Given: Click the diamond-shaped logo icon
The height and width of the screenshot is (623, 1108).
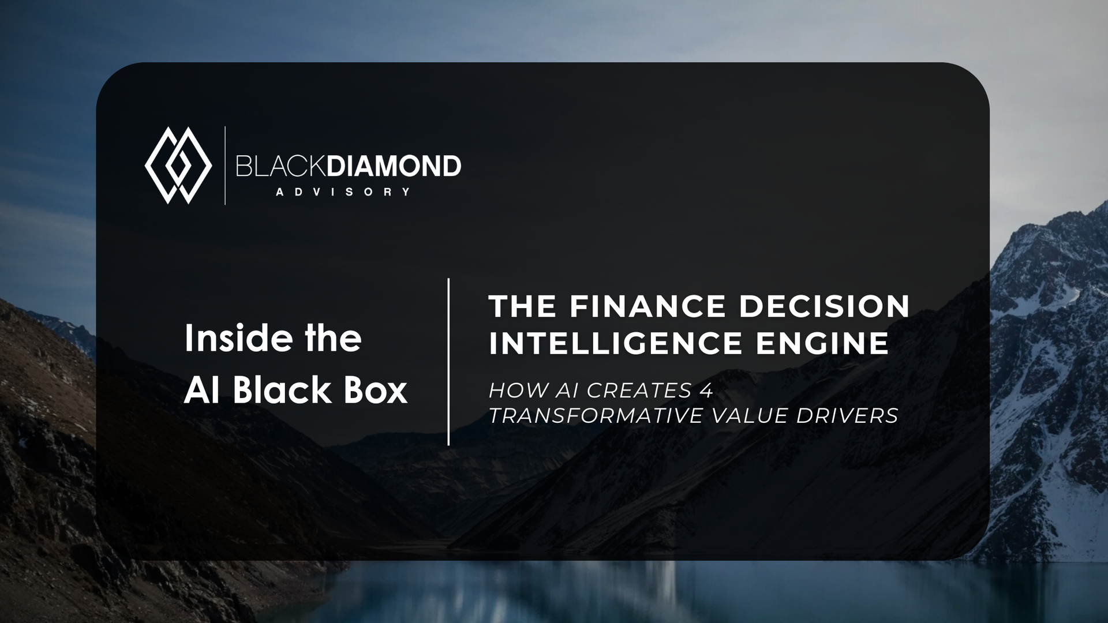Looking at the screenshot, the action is (178, 166).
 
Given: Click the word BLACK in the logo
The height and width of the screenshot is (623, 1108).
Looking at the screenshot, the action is (281, 166).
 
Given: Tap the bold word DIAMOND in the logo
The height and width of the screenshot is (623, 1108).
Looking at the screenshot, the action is (394, 166).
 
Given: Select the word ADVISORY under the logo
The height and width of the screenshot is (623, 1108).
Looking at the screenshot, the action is (343, 192).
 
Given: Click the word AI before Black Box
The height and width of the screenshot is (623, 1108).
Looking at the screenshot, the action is (202, 390).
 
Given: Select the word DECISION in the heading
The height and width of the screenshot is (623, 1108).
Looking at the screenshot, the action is (824, 306).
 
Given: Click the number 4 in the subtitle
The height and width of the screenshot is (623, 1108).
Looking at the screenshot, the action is (706, 391).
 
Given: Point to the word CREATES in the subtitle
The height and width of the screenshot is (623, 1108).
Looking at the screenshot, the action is (639, 391).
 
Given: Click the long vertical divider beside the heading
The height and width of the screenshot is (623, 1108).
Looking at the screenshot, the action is (448, 362).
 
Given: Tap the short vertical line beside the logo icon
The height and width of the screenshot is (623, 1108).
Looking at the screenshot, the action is (225, 166).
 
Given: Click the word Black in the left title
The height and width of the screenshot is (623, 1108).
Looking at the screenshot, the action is (282, 390).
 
